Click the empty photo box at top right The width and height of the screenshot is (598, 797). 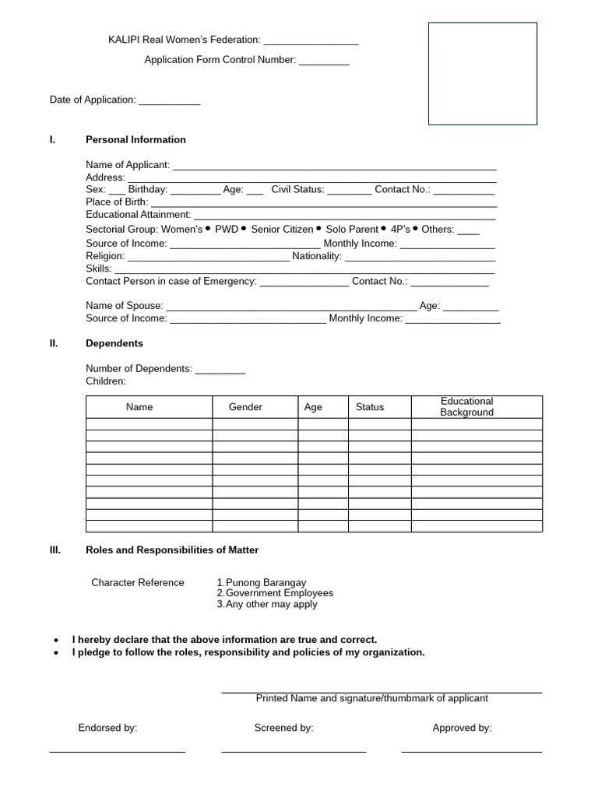482,73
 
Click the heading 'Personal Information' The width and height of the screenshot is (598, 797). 135,140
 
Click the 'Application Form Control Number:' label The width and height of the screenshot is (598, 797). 220,60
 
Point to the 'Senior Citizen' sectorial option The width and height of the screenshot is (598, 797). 282,230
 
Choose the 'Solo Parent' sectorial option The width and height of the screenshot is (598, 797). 351,230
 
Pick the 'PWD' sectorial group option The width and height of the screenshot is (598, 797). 227,230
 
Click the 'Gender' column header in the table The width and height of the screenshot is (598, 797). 245,407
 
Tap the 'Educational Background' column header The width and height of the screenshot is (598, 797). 466,407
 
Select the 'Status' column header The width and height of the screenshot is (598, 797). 370,407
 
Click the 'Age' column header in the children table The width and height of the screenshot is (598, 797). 313,407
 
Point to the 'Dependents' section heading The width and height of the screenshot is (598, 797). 114,343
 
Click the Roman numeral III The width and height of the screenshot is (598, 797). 55,550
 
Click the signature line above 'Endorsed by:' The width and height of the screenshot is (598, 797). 117,751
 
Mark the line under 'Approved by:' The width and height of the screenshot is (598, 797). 471,751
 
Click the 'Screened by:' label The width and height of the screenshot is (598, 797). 283,729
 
